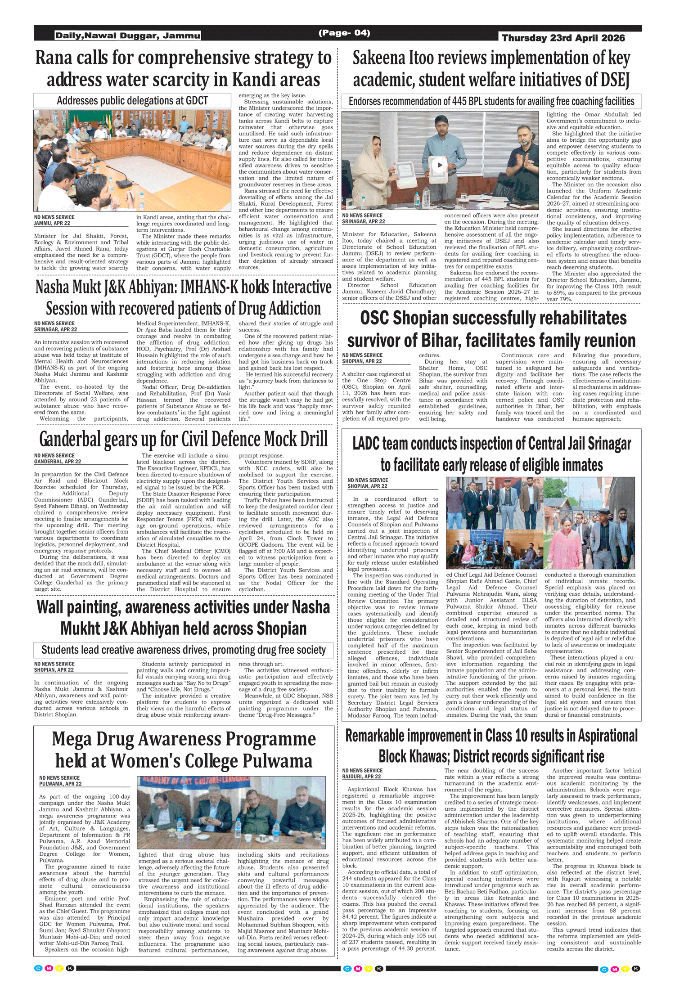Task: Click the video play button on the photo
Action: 440,165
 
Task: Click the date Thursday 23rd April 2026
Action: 563,38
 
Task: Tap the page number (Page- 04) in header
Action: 344,33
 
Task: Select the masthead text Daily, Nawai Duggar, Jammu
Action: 128,36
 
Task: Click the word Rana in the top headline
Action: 53,58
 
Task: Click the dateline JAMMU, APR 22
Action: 52,223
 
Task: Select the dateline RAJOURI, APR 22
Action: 361,777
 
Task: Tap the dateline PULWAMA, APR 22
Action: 60,784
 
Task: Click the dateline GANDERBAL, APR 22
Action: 58,462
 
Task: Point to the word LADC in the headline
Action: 366,444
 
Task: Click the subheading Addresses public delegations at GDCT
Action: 132,101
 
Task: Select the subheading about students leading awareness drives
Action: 184,650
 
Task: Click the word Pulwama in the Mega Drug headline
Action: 278,761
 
